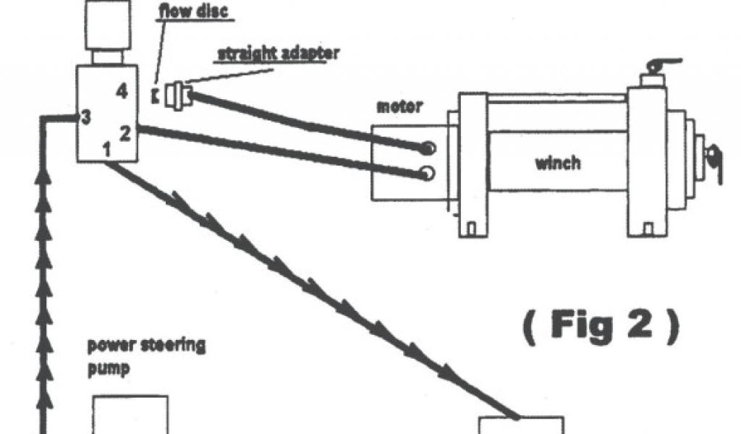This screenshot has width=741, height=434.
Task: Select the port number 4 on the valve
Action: pos(122,91)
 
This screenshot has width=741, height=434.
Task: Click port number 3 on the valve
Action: pos(85,117)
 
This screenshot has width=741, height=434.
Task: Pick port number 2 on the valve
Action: pos(124,133)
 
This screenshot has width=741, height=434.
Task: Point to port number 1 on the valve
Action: pos(106,150)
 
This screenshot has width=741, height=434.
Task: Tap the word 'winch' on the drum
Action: pos(557,162)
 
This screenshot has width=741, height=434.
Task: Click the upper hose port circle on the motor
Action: pos(428,148)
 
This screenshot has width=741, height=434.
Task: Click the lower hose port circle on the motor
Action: pos(428,173)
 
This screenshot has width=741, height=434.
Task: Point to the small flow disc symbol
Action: pos(154,95)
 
